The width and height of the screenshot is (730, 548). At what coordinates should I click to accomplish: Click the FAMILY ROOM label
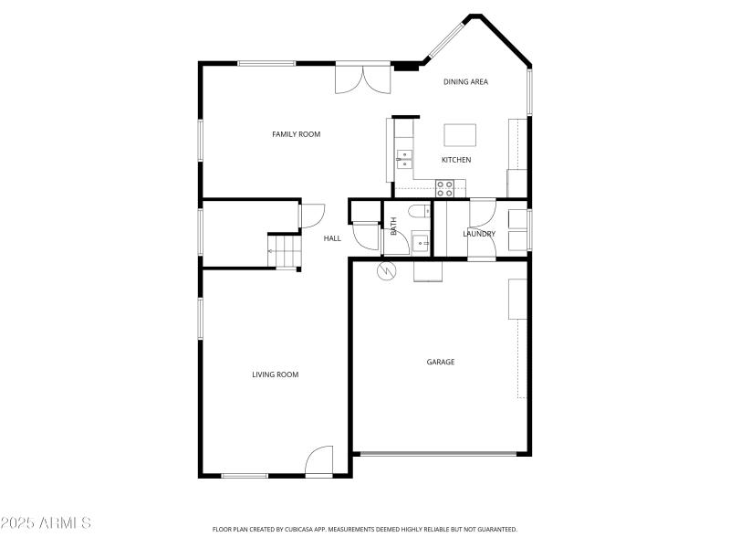[296, 134]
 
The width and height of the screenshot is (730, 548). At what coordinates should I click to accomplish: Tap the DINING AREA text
[465, 82]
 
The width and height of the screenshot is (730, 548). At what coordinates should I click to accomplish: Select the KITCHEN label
[456, 160]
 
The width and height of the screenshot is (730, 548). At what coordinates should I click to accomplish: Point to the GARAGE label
[440, 362]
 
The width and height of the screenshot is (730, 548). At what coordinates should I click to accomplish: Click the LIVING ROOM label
[275, 374]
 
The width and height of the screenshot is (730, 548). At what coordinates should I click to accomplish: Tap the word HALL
[332, 238]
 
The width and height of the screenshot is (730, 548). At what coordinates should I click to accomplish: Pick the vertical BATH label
[393, 226]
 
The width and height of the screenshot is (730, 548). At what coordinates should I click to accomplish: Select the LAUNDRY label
[479, 234]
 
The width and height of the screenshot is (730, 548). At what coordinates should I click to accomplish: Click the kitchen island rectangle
[460, 134]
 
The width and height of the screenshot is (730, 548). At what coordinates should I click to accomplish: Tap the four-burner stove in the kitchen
[444, 188]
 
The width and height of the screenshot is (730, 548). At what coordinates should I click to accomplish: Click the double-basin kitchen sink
[403, 160]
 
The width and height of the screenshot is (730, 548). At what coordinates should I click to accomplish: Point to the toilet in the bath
[420, 212]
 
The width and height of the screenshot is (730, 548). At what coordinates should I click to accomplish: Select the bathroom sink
[420, 243]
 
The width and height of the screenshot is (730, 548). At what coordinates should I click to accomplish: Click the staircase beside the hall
[283, 250]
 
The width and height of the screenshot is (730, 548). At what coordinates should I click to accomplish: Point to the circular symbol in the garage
[386, 271]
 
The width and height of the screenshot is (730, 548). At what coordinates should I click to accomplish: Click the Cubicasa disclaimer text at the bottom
[365, 529]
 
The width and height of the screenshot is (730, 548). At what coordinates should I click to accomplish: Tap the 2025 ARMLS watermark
[46, 523]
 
